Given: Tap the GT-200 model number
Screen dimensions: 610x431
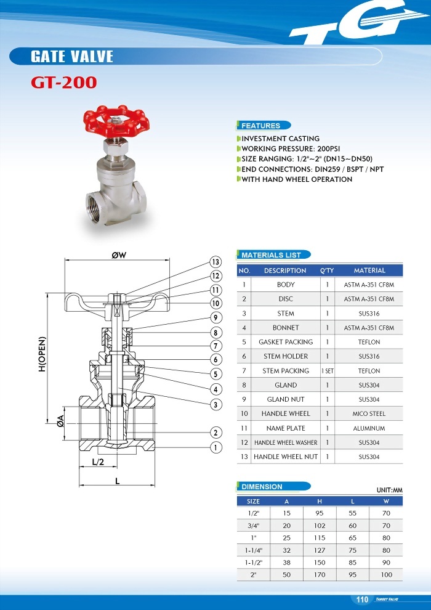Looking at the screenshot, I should point(64,83).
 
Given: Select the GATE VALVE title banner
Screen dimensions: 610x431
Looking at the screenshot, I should point(72,57).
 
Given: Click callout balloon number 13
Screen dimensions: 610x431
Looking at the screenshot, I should point(216,262).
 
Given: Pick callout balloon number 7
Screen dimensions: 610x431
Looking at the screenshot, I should point(216,346).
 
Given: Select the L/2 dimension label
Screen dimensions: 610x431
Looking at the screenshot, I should point(97,461).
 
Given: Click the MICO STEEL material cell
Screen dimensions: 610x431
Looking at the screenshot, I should point(369,413).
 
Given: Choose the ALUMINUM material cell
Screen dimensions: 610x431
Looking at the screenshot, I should point(369,428).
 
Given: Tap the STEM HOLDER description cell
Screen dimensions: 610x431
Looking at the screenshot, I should point(286,356).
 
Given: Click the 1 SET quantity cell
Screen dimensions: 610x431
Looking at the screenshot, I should point(327,371).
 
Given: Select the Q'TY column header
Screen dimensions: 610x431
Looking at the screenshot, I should point(327,270).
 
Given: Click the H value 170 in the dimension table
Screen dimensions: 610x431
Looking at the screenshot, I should point(320,574).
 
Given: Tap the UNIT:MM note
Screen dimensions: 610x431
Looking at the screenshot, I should point(389,490).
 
